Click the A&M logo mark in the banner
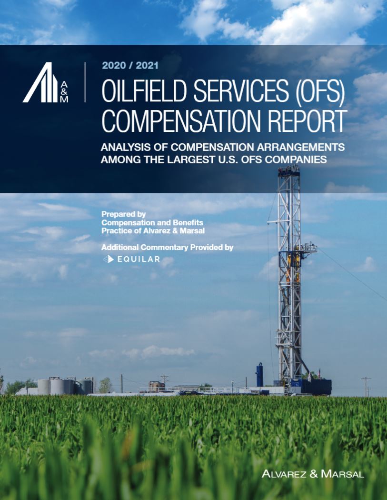click(x=46, y=82)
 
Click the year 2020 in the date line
click(x=113, y=65)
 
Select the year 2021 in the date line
click(x=147, y=65)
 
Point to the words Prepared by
click(x=123, y=214)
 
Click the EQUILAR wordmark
click(x=139, y=259)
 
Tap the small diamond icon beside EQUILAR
click(x=109, y=259)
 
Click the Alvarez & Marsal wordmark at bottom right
click(x=313, y=474)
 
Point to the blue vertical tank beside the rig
click(x=259, y=375)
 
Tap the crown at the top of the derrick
click(x=289, y=171)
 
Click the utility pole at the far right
click(x=366, y=386)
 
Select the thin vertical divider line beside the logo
click(x=85, y=82)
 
